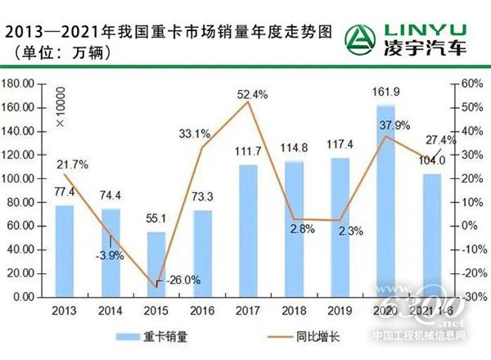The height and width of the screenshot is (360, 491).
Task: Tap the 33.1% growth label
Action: click(x=194, y=133)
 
